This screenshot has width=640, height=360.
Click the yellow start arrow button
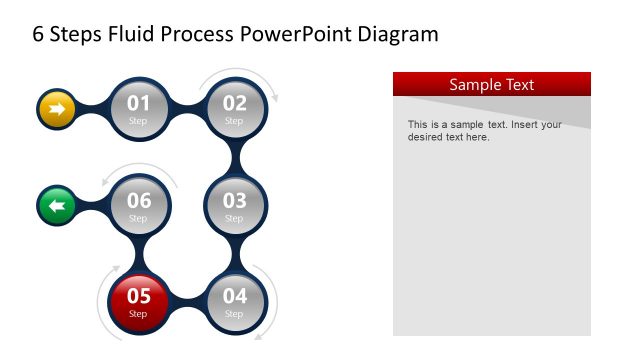57,108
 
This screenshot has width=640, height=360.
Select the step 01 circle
138,108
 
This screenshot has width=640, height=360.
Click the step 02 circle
235,108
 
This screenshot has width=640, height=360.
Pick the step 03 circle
235,206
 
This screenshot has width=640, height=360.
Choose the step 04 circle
235,301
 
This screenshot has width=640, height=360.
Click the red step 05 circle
138,301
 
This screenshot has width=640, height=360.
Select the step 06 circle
138,206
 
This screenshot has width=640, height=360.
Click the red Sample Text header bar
491,84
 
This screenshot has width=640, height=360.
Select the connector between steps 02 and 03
236,157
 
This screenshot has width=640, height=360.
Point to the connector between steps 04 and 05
187,301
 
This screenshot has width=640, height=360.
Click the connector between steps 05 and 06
138,254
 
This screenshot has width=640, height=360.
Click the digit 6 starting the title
39,35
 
